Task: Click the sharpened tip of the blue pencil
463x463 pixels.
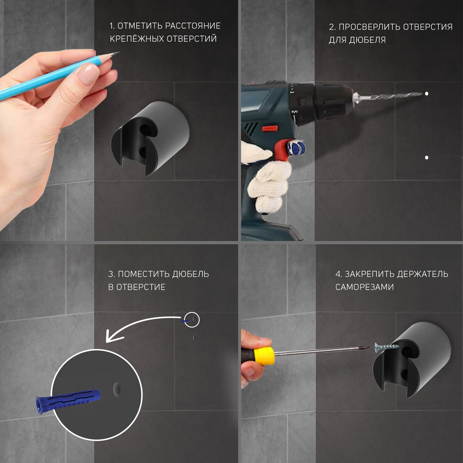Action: point(119,52)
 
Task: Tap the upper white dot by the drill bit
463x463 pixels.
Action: point(426,94)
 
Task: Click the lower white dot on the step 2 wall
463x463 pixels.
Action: point(426,158)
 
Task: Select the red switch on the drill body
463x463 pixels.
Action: point(270,128)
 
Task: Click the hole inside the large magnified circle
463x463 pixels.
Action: point(117,389)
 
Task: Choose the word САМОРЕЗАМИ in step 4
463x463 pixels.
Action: point(365,287)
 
